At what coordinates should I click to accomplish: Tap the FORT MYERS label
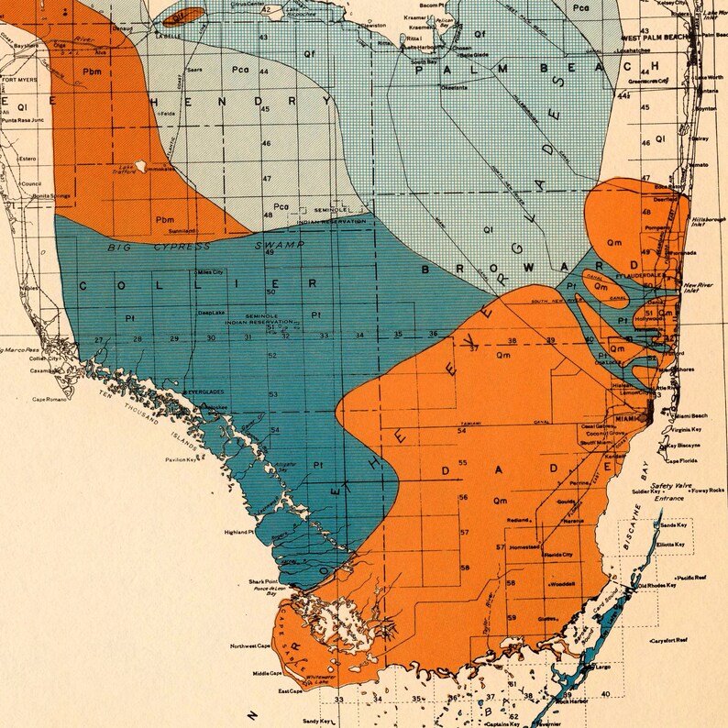[x=20, y=80]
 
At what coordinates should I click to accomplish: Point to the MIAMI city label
[x=626, y=419]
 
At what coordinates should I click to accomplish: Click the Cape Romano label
[x=50, y=399]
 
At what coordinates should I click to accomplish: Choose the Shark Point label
[x=262, y=581]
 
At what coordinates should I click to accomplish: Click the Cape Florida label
[x=681, y=461]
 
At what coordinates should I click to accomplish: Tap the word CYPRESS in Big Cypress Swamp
[x=188, y=247]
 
